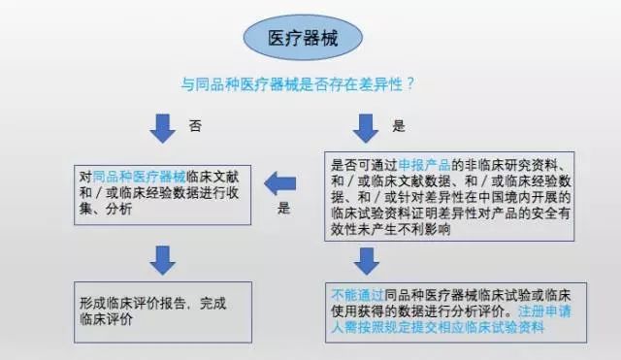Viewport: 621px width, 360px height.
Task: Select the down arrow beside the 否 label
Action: (x=161, y=127)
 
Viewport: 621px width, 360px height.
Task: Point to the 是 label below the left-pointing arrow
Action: (x=283, y=209)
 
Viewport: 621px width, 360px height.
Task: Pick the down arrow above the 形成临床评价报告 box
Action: (x=161, y=257)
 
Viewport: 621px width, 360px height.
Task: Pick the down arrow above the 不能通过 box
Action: (x=365, y=260)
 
